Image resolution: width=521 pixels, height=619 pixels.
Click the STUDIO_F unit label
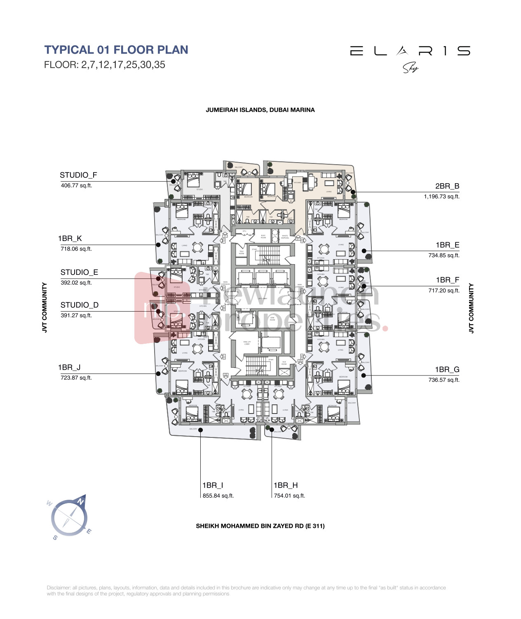(78, 175)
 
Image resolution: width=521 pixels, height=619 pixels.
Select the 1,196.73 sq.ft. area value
(441, 197)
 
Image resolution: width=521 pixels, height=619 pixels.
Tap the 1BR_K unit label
(70, 239)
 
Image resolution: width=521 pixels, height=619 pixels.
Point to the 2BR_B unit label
(447, 186)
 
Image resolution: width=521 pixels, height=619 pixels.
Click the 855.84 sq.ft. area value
(218, 496)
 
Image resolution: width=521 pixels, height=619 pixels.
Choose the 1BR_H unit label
(285, 485)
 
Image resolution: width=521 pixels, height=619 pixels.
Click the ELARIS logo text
(410, 51)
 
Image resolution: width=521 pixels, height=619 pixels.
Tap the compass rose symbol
(69, 517)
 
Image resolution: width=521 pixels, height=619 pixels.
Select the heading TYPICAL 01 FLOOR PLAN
(116, 50)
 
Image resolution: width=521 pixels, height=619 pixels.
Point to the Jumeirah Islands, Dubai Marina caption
(260, 110)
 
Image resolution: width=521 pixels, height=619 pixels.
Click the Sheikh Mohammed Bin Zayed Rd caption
(260, 526)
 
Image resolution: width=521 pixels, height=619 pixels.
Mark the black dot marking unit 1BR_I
(201, 430)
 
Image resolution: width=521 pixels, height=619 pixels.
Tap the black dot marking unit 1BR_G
(364, 376)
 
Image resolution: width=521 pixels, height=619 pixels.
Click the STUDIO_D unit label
(80, 305)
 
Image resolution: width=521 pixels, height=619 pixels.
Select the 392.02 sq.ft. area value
(76, 283)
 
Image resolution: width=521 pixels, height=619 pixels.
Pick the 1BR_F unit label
(447, 280)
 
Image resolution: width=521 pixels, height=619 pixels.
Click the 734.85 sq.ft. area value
(444, 255)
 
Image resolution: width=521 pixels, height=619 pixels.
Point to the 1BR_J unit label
(69, 368)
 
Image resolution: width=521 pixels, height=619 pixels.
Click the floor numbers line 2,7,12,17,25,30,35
(105, 65)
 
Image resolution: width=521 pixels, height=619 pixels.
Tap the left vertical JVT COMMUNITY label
(45, 307)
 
